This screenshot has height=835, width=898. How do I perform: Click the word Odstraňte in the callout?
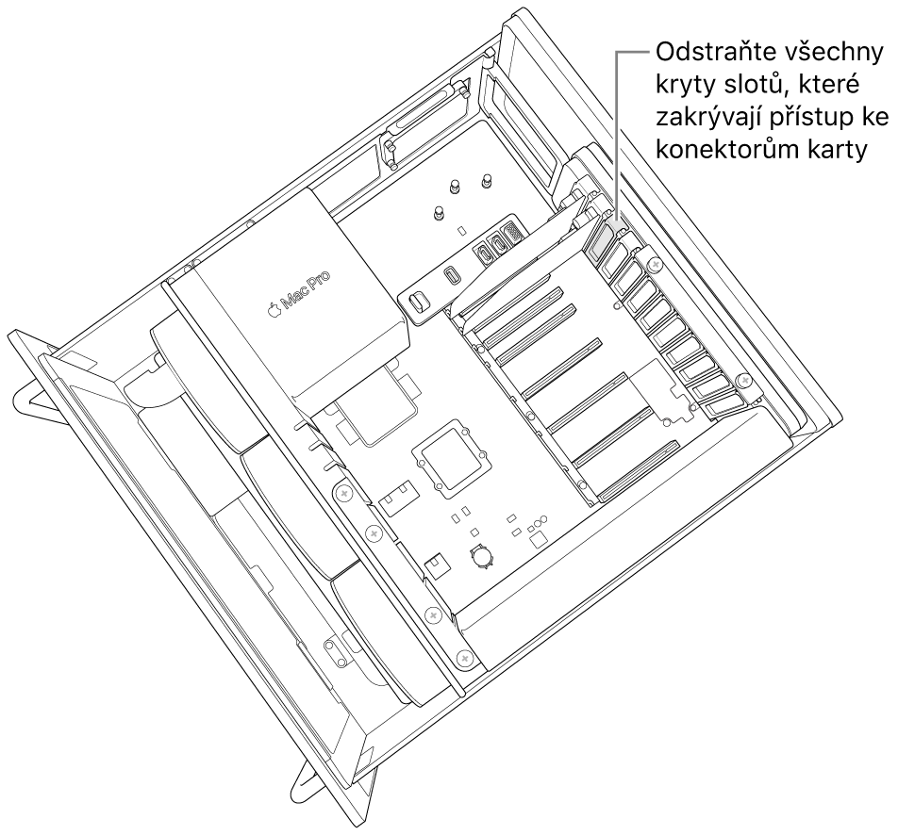[707, 53]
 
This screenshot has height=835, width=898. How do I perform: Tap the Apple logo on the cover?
[274, 309]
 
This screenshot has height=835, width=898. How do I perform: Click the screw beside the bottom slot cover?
[744, 383]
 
